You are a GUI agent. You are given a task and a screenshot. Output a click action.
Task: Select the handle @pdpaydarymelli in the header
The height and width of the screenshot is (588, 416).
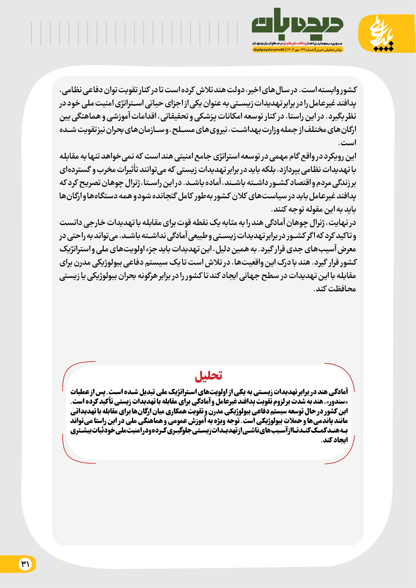(269, 50)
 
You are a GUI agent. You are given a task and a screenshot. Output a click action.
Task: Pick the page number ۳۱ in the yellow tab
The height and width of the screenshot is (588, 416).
(25, 564)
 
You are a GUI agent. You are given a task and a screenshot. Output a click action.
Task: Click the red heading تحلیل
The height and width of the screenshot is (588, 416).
(208, 376)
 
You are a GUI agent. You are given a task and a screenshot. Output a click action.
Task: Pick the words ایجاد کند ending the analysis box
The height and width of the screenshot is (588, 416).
(334, 440)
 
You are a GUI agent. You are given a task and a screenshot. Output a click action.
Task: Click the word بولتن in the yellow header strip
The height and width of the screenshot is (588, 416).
(337, 50)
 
